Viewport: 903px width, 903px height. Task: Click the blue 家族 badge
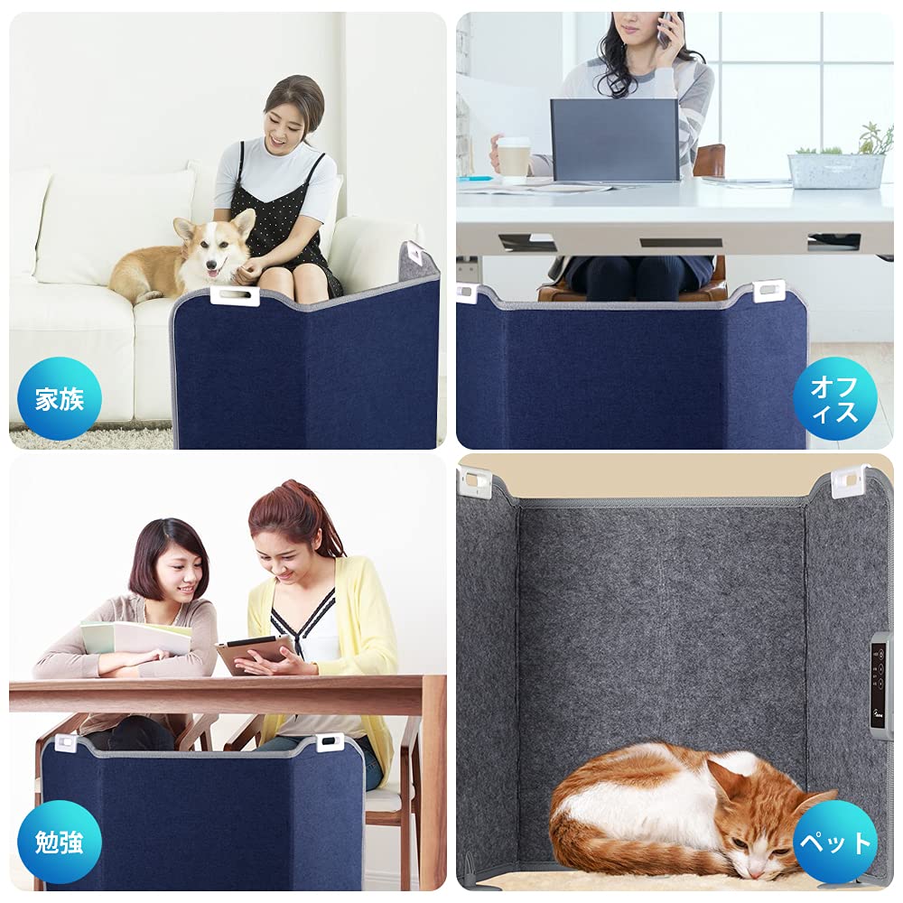60,398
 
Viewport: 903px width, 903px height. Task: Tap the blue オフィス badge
835,398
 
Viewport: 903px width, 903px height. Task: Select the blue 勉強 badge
60,842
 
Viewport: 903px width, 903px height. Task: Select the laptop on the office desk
615,140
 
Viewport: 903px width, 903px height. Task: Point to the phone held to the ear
666,29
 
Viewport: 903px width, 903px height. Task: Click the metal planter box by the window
836,170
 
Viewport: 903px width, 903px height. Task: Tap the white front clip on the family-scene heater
235,295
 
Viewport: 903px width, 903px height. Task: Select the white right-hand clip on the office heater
769,291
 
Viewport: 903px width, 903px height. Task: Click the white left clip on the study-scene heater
66,742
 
